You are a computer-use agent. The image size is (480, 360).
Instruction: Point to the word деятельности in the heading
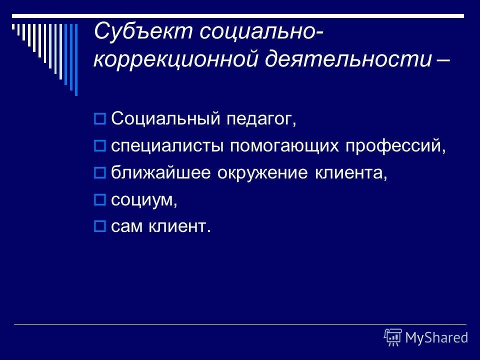(347, 59)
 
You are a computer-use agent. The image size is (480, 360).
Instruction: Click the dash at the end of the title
(442, 59)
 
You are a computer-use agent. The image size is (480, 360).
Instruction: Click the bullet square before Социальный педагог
(99, 119)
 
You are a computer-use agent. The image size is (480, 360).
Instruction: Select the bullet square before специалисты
(99, 146)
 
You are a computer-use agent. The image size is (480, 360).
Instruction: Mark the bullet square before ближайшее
(99, 173)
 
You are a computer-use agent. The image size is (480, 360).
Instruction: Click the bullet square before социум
(99, 200)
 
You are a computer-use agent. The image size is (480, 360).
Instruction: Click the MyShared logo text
(436, 337)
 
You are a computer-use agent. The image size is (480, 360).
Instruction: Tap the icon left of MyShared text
(393, 337)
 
